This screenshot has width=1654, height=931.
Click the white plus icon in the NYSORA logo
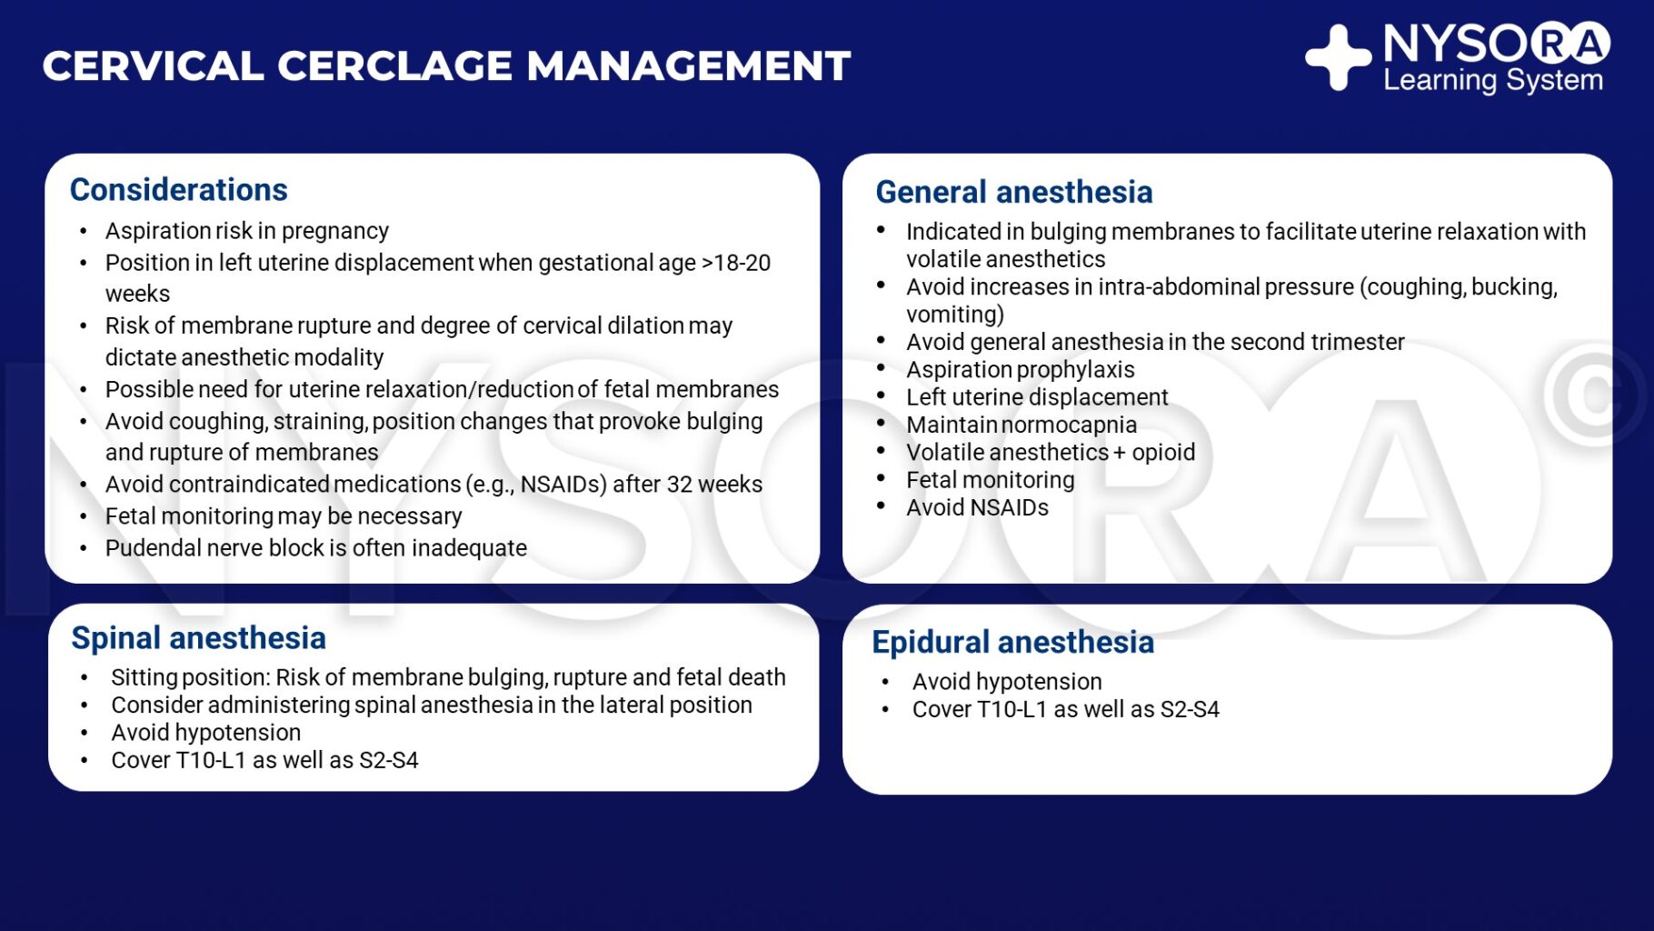[1338, 58]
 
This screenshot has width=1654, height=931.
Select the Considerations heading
[178, 190]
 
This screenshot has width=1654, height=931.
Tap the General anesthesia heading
[1013, 193]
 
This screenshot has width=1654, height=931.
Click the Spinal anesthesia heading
[198, 638]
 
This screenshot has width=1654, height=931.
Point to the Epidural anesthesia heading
[1012, 643]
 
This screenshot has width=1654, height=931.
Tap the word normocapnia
[1069, 425]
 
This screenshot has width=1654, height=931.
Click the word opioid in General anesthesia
[1163, 453]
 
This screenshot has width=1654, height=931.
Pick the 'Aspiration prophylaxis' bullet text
[1020, 370]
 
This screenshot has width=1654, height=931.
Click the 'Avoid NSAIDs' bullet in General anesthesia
[977, 508]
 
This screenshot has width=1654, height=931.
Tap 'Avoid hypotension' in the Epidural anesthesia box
[1006, 682]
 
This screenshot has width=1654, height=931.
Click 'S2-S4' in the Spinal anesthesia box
[389, 761]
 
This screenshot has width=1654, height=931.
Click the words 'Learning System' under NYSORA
[1492, 81]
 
